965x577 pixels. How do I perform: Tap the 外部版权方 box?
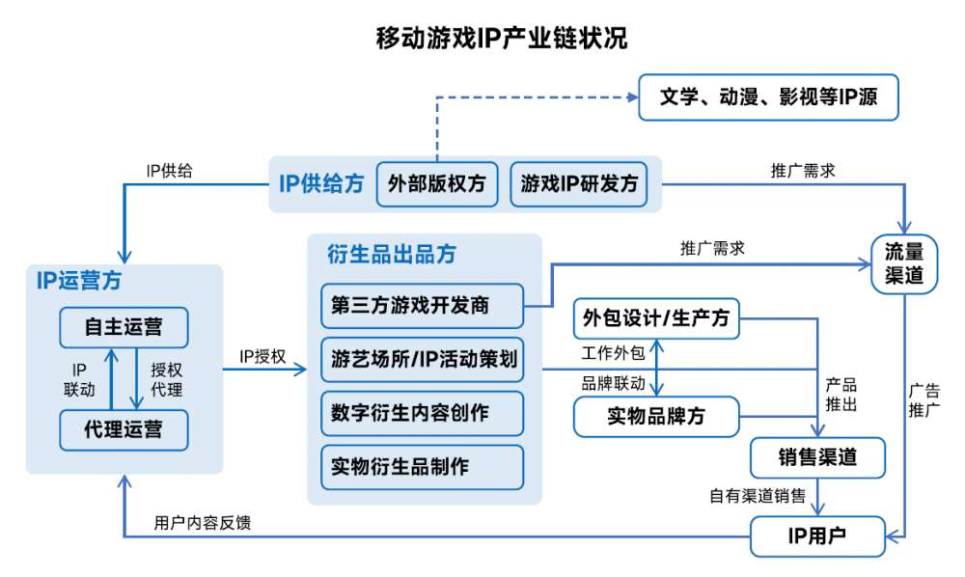pyautogui.click(x=437, y=182)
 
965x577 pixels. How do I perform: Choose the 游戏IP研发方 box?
pyautogui.click(x=579, y=182)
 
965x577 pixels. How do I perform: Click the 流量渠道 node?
pyautogui.click(x=904, y=262)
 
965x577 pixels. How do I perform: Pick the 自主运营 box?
pyautogui.click(x=124, y=327)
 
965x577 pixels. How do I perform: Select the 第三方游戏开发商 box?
pyautogui.click(x=421, y=306)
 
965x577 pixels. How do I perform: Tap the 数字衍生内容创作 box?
pyautogui.click(x=421, y=413)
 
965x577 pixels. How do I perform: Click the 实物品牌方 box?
pyautogui.click(x=656, y=416)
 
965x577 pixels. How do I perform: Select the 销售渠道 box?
pyautogui.click(x=817, y=456)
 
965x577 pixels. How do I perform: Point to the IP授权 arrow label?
pyautogui.click(x=262, y=357)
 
